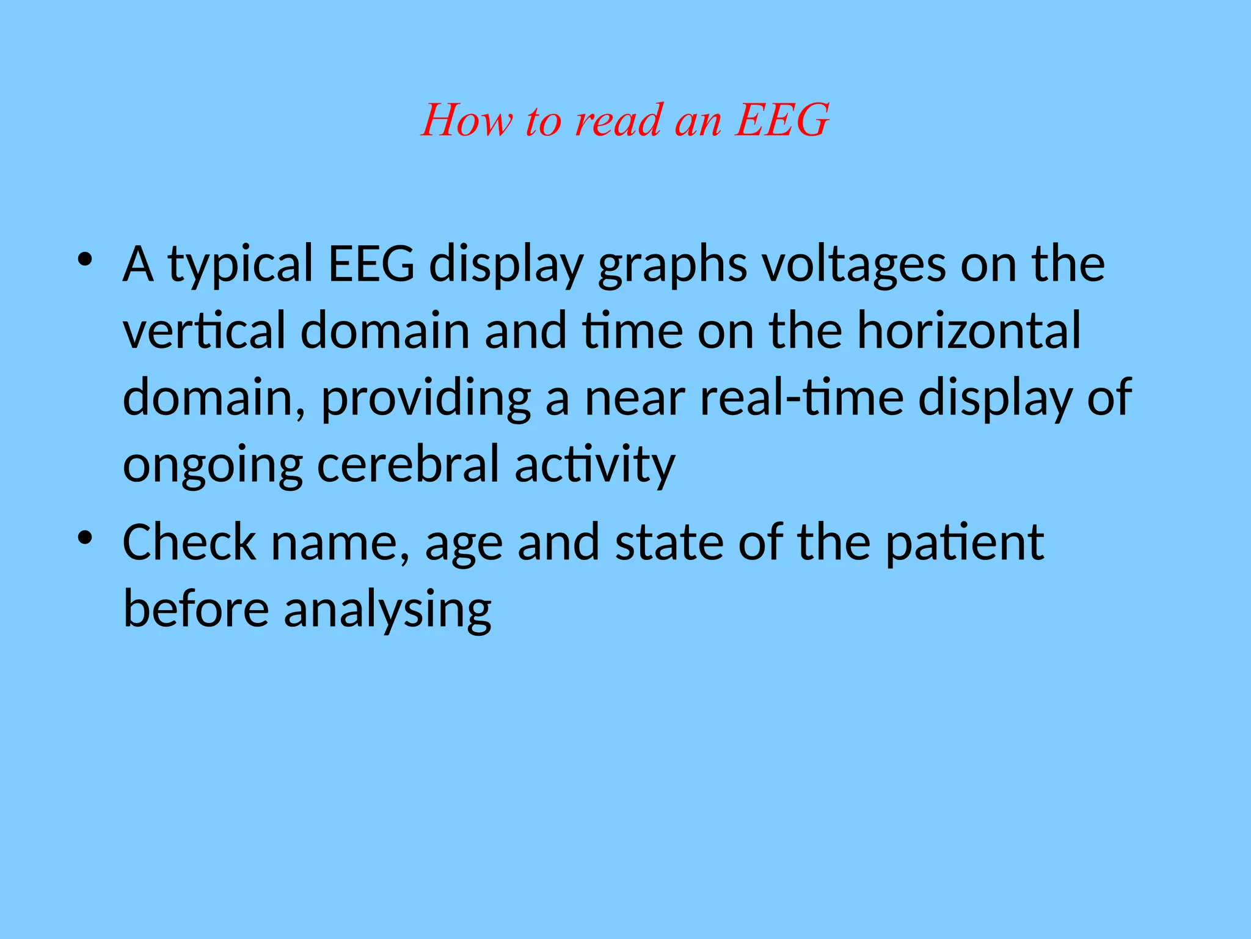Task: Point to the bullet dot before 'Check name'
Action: [x=85, y=537]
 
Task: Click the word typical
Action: [x=240, y=265]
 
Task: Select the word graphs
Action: [x=672, y=265]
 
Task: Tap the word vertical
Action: [x=204, y=331]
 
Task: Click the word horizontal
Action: [x=969, y=331]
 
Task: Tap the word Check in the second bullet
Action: [x=189, y=543]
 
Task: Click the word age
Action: [x=464, y=543]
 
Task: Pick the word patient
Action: [x=965, y=543]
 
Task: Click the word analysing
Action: [x=388, y=610]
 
